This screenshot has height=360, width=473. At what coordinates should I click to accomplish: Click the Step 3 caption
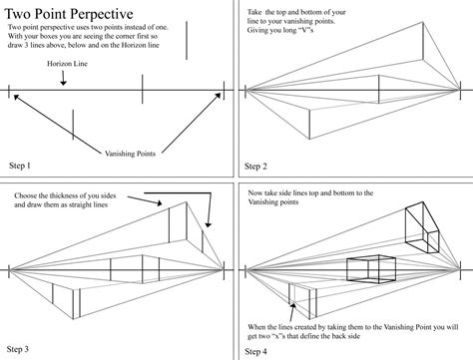19,349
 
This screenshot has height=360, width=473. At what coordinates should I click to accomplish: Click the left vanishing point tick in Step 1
11,94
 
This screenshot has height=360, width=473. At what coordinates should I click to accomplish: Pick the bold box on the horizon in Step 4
365,268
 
